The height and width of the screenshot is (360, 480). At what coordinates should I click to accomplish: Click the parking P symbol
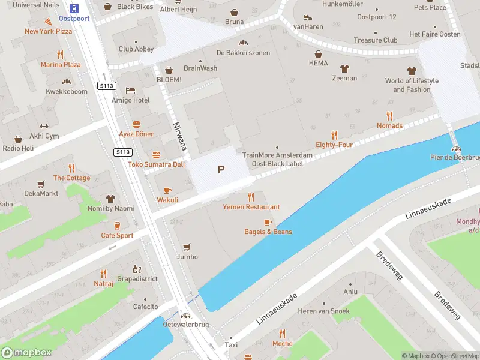221,170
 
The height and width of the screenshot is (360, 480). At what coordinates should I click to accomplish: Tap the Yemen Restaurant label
251,207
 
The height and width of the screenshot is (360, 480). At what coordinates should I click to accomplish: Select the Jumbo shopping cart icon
187,247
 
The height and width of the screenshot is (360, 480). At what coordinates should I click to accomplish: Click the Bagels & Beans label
268,232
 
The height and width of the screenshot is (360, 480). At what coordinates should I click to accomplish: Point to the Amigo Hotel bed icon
130,90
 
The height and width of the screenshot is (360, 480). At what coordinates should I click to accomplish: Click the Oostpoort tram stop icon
74,8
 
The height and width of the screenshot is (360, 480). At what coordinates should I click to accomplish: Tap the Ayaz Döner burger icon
136,124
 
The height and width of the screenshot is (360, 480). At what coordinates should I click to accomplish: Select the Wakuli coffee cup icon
167,190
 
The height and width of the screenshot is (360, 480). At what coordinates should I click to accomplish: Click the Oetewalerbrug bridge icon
186,316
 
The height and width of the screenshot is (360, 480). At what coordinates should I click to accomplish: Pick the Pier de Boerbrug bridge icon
457,149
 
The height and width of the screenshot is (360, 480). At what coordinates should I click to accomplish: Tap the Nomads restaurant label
389,125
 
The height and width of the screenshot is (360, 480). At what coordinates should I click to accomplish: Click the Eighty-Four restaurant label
334,145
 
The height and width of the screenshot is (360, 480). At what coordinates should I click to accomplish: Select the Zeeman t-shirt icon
344,68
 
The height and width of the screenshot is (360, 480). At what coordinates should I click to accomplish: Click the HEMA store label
318,63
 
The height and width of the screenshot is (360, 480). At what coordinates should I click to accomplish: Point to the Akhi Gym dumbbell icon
43,126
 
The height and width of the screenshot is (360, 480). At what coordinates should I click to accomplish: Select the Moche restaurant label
282,344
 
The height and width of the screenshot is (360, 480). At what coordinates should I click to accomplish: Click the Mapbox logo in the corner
26,353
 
